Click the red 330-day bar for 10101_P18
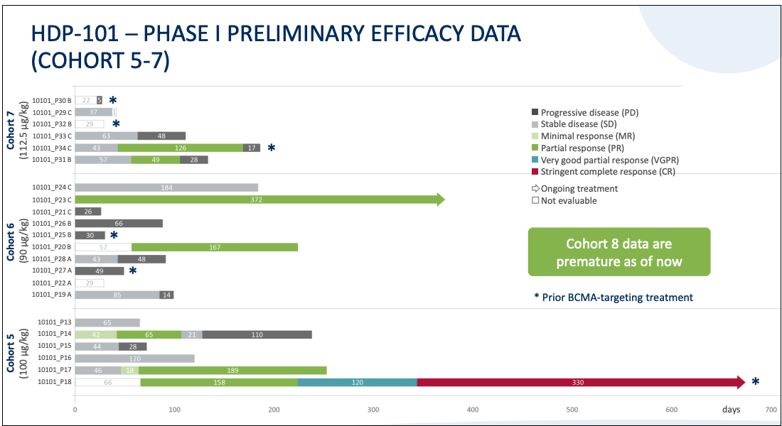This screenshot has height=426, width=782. pos(579,383)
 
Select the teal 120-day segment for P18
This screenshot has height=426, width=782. pos(357,383)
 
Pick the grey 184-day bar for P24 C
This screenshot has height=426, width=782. pos(166,187)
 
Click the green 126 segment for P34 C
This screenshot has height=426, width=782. pos(180,148)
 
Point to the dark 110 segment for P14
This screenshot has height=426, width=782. pos(257,334)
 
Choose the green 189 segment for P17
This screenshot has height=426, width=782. pos(232,370)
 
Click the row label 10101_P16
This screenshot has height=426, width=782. pos(54,359)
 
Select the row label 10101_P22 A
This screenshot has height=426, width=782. pos(52,283)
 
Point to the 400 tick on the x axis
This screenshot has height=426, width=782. pos(473,410)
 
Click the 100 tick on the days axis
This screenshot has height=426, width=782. pos(174,410)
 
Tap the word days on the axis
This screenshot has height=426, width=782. pos(730,410)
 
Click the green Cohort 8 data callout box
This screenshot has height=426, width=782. pos(618,252)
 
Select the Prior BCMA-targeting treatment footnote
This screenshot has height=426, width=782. pos(613,297)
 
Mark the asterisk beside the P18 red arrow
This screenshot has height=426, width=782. pos(755,383)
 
